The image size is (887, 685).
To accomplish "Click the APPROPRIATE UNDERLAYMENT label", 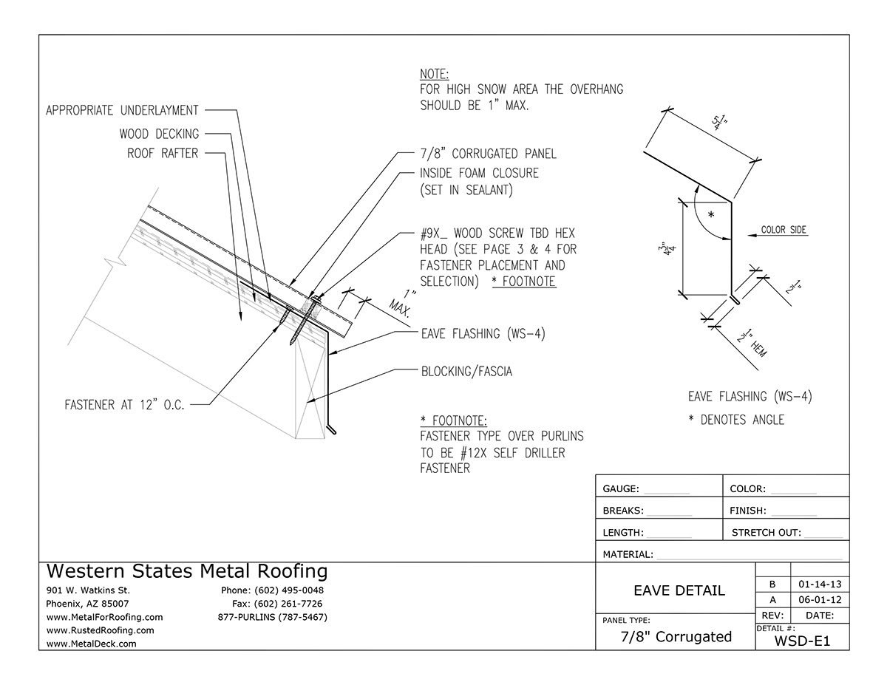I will (122, 110).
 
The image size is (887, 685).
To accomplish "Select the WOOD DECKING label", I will (158, 134).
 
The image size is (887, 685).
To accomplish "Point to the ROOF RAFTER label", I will (161, 153).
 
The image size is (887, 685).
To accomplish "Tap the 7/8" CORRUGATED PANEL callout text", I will (488, 154).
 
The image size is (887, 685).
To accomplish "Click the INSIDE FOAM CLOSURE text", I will (479, 174).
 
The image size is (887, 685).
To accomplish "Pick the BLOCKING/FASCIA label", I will (466, 372).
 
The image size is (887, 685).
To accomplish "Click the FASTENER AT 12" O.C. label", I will (124, 404).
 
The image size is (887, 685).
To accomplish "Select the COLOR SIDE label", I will (784, 230).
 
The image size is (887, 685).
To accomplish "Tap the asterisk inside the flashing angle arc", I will (710, 214).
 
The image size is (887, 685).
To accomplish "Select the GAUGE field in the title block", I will (645, 489).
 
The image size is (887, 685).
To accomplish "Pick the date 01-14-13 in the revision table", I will (819, 584).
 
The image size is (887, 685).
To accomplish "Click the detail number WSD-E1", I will (802, 641).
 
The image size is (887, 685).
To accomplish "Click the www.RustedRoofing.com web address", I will (100, 630).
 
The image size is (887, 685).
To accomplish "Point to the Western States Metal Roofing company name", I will (186, 571).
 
